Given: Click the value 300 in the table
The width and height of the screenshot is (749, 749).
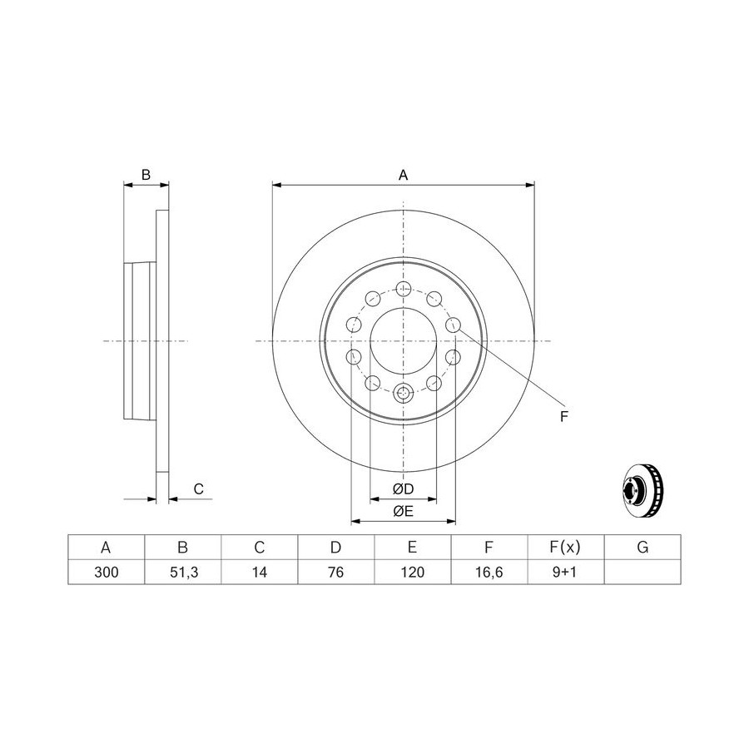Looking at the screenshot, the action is pos(106,572).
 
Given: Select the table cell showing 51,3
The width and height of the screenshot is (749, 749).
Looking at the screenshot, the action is pos(183,572).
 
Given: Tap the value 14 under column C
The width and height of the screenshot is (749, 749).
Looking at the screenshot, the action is pos(260,572).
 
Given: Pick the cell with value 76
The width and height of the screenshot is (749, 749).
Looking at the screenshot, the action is pos(336,572).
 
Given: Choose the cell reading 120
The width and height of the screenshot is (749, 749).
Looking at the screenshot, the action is pos(413,572).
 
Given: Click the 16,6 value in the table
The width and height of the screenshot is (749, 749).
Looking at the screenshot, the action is pos(489,572).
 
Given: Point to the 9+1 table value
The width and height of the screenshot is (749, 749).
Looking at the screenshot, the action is pos(564,572).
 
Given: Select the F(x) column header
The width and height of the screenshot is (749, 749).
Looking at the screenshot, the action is pos(565,547).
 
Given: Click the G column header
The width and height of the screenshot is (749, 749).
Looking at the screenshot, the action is pos(642,547).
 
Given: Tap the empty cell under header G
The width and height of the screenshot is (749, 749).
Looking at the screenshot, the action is pos(642,572).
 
